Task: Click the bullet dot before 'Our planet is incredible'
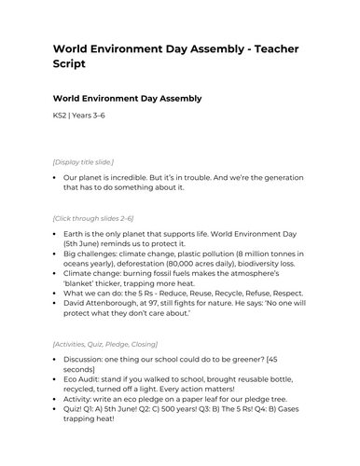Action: (x=56, y=176)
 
